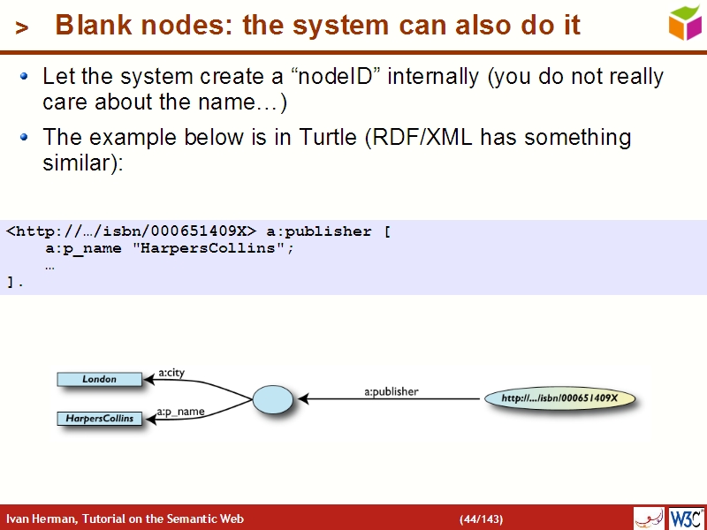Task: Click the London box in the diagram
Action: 99,379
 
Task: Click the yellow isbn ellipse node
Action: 560,398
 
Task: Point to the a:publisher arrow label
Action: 392,390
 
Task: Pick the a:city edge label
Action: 171,372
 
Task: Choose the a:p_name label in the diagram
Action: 180,412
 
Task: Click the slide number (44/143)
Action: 481,519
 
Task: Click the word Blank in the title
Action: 89,26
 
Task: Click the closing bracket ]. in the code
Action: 14,283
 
